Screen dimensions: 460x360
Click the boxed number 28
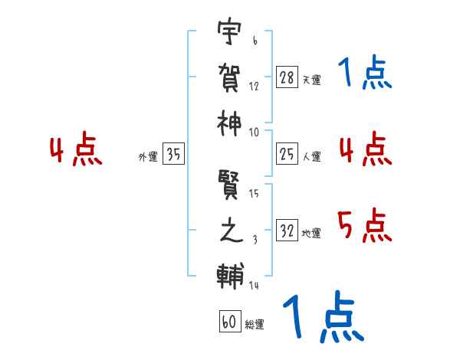click(x=287, y=77)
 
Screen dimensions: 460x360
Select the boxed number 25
click(x=287, y=155)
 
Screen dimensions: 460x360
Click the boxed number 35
click(x=173, y=155)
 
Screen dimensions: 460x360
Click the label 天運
click(x=311, y=80)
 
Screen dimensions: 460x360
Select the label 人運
click(x=311, y=157)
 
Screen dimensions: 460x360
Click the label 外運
click(x=147, y=157)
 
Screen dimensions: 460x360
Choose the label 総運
click(x=255, y=325)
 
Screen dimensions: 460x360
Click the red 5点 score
click(x=364, y=226)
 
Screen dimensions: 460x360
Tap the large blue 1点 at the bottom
click(x=323, y=318)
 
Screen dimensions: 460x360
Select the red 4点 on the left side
click(x=76, y=150)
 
